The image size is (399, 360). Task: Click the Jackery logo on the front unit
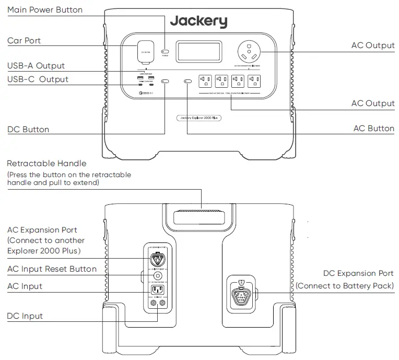point(198,21)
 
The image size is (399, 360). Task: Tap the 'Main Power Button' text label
point(45,10)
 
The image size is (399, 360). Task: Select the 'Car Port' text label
point(24,41)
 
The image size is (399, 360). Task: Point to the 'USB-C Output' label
point(38,79)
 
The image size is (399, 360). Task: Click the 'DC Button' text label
point(28,129)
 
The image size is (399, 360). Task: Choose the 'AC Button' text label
point(374,129)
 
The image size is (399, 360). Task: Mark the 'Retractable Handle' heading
point(47,164)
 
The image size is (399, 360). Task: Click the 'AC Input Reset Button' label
point(52,269)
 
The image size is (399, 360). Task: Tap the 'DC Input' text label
point(25,316)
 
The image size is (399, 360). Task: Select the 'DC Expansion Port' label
point(358,273)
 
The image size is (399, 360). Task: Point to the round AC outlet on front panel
point(250,52)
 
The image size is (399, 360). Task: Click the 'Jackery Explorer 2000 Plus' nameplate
point(198,118)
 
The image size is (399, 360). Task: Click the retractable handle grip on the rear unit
point(199,215)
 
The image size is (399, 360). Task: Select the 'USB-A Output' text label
point(36,66)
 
